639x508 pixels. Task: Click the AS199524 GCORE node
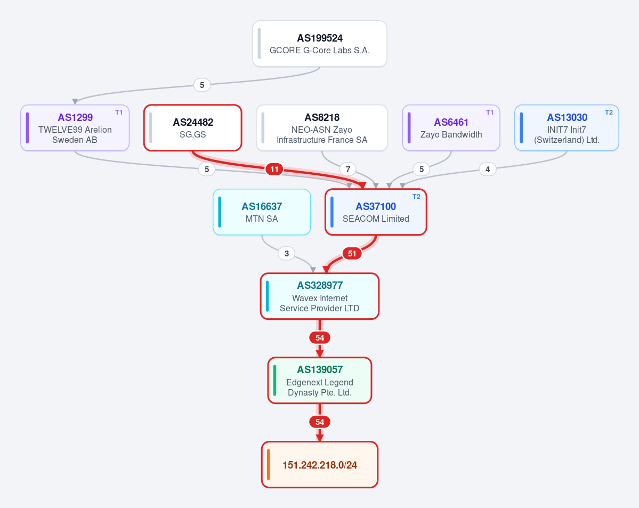320,44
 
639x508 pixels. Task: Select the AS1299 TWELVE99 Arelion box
75,128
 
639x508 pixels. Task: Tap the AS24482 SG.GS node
193,128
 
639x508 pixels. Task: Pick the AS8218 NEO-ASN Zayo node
322,128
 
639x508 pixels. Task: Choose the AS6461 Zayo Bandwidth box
451,128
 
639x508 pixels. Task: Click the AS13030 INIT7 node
567,128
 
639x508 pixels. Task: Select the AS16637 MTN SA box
262,212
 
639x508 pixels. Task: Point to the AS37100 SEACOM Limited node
376,212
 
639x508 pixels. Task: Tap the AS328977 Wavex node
320,296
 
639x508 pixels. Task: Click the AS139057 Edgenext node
320,381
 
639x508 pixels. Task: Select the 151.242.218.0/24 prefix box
320,465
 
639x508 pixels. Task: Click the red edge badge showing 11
274,169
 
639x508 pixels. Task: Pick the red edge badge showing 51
352,254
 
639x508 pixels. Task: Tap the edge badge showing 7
348,169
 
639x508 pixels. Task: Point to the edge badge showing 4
488,169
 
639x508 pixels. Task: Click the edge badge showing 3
287,254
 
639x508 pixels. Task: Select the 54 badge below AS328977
320,337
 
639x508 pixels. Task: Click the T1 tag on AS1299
119,112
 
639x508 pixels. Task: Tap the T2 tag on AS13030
609,112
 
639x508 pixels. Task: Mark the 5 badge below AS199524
202,85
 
